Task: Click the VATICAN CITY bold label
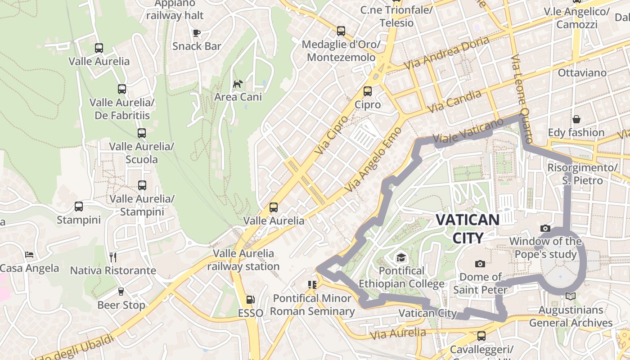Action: pos(468,229)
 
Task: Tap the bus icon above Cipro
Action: pos(368,91)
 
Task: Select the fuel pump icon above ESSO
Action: pos(250,300)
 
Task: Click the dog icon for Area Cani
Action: pos(238,84)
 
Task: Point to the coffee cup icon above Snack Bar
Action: pos(196,33)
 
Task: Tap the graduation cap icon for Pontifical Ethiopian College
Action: pos(400,257)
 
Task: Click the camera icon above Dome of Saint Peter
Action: pos(480,264)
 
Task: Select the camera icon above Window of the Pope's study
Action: pos(545,229)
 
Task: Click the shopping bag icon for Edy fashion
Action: pos(576,119)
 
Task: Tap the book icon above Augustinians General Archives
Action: pos(571,297)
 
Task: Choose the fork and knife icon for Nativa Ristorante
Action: pos(113,257)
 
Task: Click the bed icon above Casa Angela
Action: pos(29,255)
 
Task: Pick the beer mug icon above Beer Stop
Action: pos(121,292)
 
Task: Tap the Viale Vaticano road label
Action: pos(468,130)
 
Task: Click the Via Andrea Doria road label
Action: pos(446,53)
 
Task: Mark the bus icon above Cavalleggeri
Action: pos(481,336)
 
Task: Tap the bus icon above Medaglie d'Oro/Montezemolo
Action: pos(341,31)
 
